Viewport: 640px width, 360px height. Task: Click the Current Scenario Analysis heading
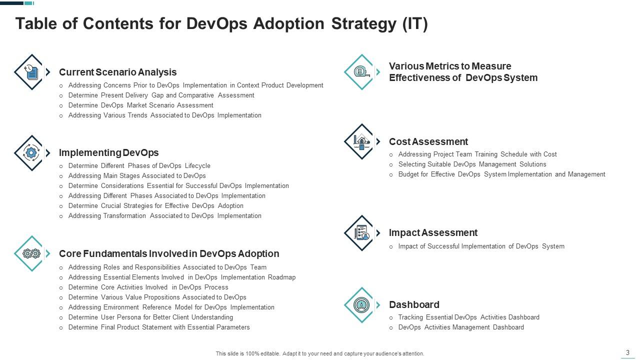click(117, 72)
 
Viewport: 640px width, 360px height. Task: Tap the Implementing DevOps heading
click(108, 152)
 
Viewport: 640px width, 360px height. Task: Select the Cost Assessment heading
click(428, 141)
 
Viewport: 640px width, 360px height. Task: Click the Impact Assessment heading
click(433, 232)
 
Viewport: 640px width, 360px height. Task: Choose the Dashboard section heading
click(414, 304)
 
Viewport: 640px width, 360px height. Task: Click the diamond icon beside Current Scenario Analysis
click(31, 72)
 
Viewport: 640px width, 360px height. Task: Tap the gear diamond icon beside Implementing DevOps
click(31, 153)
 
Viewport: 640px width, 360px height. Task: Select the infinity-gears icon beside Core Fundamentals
click(31, 253)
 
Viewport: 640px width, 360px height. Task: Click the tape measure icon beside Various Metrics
click(361, 72)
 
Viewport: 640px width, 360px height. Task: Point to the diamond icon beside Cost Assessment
click(361, 141)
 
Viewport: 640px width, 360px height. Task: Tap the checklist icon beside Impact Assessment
click(361, 233)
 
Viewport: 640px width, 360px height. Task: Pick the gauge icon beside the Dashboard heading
click(361, 304)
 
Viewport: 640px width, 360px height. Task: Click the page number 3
click(627, 352)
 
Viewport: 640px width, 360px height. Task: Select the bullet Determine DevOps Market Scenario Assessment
click(140, 105)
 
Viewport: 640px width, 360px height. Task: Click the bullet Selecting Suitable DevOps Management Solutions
click(472, 164)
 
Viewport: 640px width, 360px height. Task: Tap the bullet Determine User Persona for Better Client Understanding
click(150, 317)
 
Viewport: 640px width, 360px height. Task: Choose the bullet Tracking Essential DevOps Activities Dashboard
click(468, 317)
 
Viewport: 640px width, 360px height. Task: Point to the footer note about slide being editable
click(320, 353)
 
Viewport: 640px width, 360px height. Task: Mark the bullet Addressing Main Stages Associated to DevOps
click(137, 175)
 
